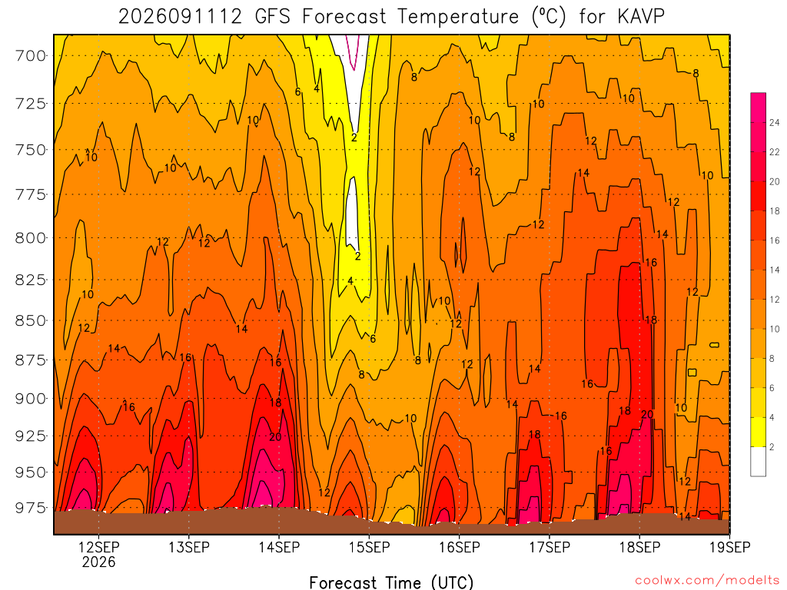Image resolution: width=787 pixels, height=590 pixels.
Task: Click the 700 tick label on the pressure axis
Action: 30,55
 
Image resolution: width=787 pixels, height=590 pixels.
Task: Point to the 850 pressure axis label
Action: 30,320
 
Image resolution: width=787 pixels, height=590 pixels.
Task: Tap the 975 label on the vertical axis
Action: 30,508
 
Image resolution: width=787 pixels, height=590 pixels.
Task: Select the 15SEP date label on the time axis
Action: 370,547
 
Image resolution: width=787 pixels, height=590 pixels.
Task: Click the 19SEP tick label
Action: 730,547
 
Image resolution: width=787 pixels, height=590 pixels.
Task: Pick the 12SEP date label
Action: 99,547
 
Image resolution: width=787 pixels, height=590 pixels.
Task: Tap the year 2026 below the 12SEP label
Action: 99,562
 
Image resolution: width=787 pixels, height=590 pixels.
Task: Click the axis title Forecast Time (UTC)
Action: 391,582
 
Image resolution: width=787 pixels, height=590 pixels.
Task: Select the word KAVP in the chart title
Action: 641,17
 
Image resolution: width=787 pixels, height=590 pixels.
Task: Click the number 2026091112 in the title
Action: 180,17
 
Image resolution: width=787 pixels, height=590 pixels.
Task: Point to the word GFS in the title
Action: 273,17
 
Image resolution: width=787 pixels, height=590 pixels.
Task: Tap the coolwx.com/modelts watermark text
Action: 707,581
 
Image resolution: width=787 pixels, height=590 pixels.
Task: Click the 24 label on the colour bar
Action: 775,122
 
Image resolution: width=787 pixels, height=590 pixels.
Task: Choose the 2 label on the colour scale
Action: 772,447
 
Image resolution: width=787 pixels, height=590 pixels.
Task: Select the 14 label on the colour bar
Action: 775,270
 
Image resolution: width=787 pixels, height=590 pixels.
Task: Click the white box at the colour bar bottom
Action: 758,462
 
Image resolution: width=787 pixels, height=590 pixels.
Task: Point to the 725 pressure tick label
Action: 30,104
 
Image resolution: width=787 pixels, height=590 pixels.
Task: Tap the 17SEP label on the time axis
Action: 550,547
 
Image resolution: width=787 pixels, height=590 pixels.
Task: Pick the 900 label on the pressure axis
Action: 30,399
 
